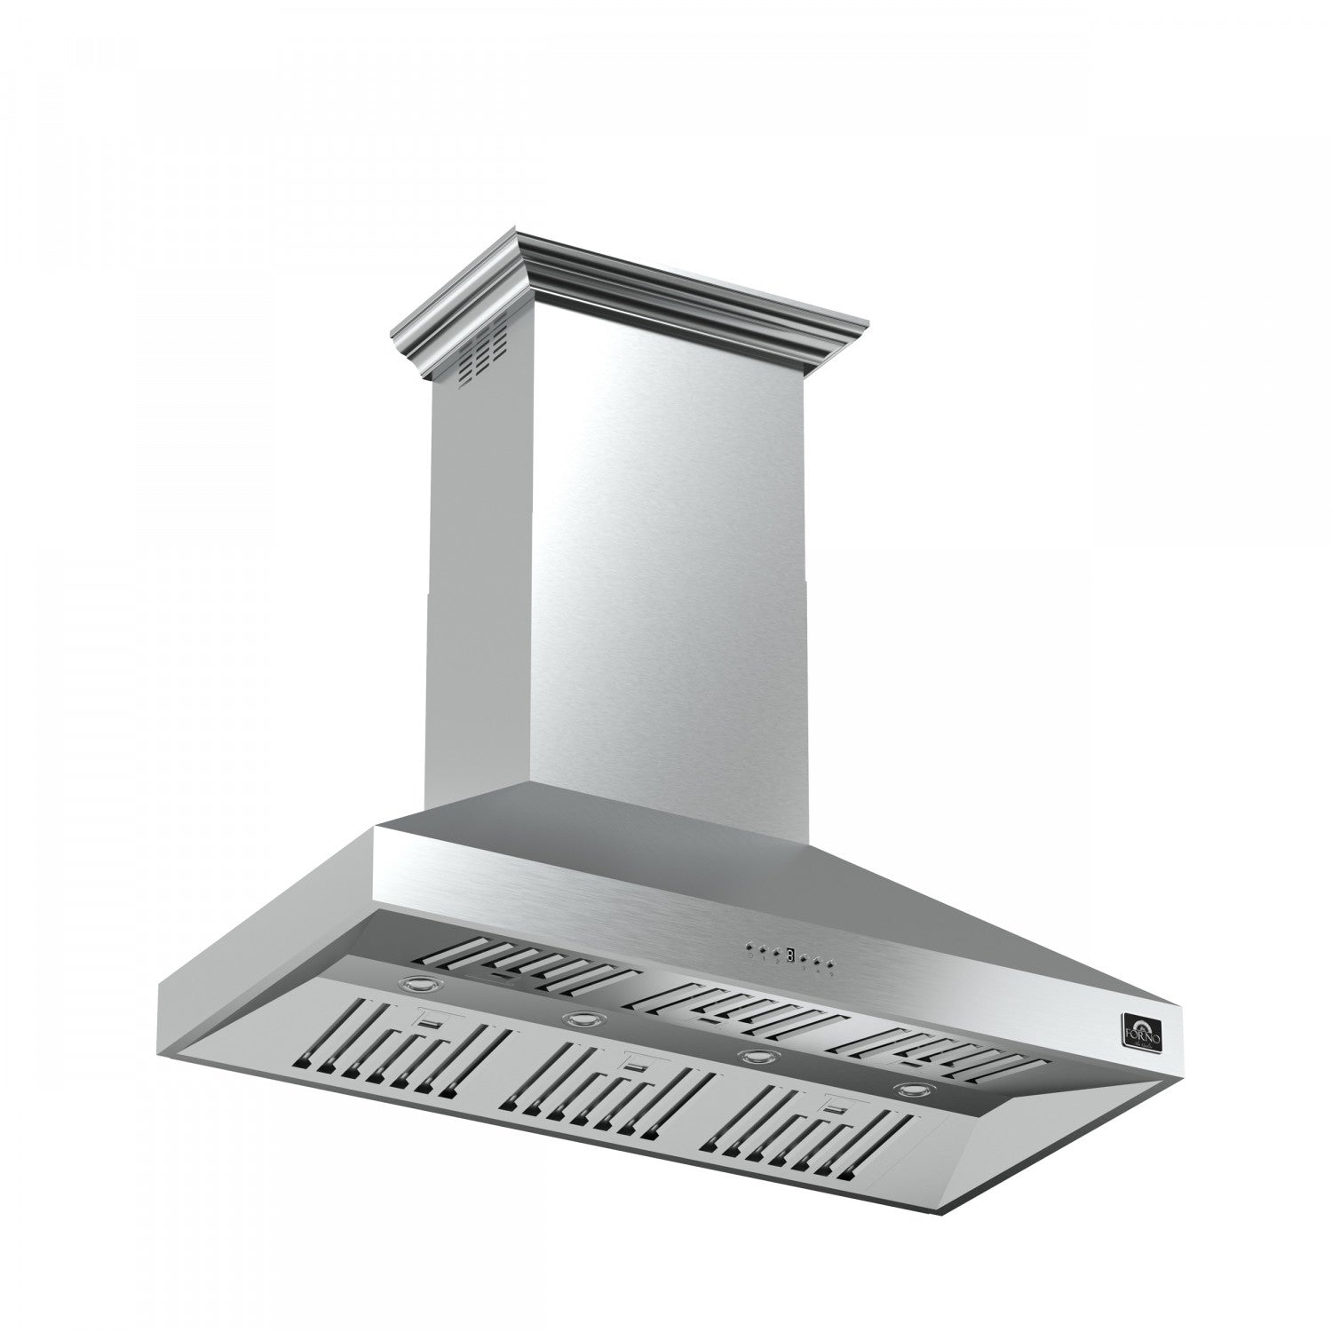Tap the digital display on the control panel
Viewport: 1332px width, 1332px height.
(x=790, y=955)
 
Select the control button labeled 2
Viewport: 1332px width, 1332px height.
(x=776, y=952)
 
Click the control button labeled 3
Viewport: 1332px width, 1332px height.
(x=803, y=958)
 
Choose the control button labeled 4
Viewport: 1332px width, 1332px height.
(x=817, y=962)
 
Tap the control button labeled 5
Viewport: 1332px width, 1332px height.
(x=829, y=964)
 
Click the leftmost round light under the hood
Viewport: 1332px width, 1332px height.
(x=419, y=984)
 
